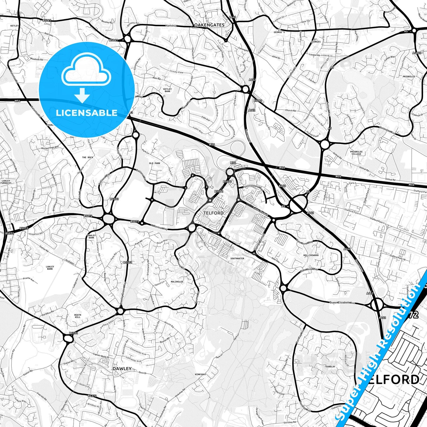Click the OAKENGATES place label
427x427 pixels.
pos(209,25)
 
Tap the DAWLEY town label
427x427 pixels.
pos(122,368)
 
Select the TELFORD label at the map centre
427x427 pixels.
pos(213,213)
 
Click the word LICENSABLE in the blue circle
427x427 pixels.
pos(87,113)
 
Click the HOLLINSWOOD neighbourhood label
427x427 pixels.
pos(311,255)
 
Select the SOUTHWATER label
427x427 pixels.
pos(237,258)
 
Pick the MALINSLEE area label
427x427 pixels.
pos(177,282)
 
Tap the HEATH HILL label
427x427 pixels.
pos(77,316)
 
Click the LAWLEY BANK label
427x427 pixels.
pos(50,268)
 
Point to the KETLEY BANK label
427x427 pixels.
pos(167,90)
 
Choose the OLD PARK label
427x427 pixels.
pos(155,163)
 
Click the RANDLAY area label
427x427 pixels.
pos(330,366)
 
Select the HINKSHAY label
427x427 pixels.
pos(200,374)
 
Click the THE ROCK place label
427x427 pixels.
pos(87,158)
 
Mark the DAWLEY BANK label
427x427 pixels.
pos(92,236)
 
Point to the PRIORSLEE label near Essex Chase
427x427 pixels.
pos(409,77)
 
